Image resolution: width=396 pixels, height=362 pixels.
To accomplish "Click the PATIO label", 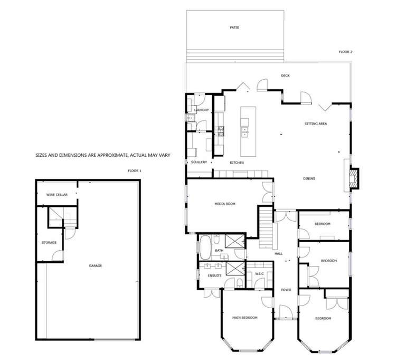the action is [234, 27].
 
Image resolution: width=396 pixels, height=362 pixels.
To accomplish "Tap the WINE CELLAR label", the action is [57, 195].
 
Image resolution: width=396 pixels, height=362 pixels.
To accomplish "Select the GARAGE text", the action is [96, 265].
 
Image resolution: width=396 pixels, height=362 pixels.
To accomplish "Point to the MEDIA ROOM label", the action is [225, 204].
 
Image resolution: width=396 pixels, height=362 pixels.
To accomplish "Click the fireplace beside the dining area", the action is [354, 178].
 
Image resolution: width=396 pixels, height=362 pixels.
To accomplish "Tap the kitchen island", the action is [248, 131].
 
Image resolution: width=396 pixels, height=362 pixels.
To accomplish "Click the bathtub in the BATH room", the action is [205, 247].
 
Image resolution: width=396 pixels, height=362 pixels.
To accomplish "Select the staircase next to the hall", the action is [266, 227].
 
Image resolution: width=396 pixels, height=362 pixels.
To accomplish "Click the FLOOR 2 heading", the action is [345, 52].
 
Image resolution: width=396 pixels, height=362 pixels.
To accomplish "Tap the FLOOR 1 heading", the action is [135, 170].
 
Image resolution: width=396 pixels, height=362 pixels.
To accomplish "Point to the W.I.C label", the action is [259, 274].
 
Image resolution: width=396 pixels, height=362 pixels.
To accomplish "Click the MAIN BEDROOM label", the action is [244, 318].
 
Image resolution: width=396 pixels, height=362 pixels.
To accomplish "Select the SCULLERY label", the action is [199, 162].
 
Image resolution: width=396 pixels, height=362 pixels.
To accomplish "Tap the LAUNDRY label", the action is [202, 110].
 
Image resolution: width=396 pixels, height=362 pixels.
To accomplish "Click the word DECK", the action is [285, 75].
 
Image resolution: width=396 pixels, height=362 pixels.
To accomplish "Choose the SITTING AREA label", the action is [316, 123].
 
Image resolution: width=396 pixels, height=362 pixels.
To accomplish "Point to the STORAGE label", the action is [49, 243].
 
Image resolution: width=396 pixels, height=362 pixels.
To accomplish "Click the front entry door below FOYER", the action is [286, 312].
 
